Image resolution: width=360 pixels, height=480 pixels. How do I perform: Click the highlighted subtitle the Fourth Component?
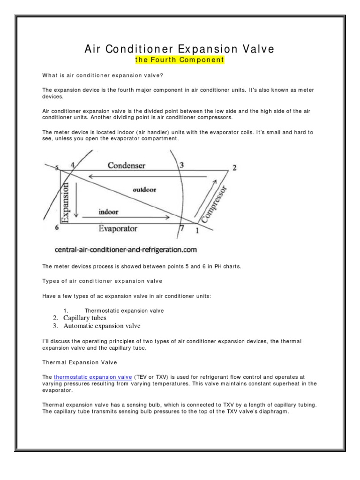click(179, 60)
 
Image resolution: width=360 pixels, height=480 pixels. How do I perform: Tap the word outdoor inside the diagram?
click(144, 190)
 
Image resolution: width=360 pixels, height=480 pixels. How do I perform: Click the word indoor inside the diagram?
click(108, 211)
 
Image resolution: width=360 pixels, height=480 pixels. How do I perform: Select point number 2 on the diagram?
click(234, 168)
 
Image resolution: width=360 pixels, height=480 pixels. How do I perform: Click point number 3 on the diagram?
click(181, 165)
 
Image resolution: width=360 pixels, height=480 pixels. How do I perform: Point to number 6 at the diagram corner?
click(57, 228)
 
